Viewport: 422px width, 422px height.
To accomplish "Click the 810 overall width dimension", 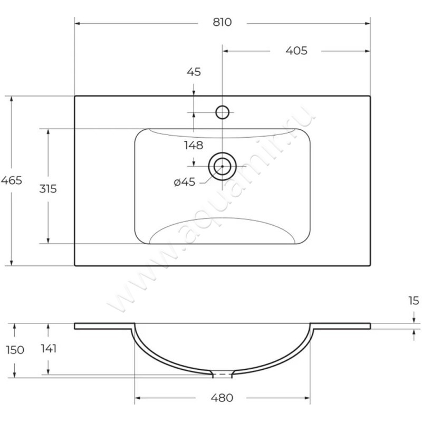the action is click(222, 22).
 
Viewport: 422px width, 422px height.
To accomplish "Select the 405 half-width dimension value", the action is click(296, 51).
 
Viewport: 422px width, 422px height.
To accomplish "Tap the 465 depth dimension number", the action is click(11, 180).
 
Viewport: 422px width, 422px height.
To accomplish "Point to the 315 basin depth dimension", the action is click(48, 189).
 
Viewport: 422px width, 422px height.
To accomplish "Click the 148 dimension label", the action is click(194, 146).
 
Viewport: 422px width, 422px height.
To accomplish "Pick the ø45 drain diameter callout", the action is click(184, 182).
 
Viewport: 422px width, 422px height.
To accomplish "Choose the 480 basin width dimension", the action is click(222, 398).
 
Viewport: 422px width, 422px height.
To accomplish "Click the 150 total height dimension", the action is click(15, 350).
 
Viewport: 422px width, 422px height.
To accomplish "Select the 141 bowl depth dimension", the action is click(49, 349).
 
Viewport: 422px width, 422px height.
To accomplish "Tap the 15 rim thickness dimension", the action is click(414, 301).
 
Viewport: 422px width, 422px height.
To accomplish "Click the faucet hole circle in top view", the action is click(222, 112).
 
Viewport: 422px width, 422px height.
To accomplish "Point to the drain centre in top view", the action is click(222, 167).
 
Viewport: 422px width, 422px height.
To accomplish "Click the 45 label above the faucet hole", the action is click(194, 72).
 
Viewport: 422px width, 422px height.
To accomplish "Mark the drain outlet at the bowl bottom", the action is click(222, 374).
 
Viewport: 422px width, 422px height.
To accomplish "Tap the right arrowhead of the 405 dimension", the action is click(367, 51).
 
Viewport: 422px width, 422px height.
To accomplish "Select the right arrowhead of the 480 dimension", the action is click(307, 398).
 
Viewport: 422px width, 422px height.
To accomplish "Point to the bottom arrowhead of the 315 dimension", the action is click(48, 241).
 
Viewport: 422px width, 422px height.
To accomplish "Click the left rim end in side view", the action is click(74, 326).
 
